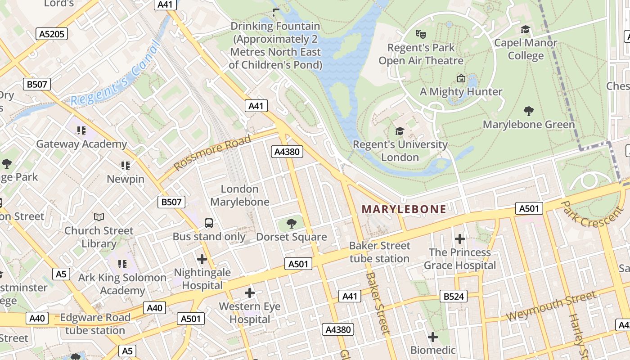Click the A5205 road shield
pyautogui.click(x=52, y=34)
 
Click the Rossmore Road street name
pyautogui.click(x=212, y=152)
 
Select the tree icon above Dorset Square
pyautogui.click(x=292, y=223)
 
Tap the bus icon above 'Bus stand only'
pyautogui.click(x=209, y=223)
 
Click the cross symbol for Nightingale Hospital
pyautogui.click(x=202, y=259)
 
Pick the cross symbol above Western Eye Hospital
pyautogui.click(x=250, y=293)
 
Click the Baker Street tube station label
pyautogui.click(x=380, y=252)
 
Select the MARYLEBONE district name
pyautogui.click(x=404, y=209)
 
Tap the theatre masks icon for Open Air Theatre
pyautogui.click(x=421, y=34)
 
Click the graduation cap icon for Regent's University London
pyautogui.click(x=400, y=131)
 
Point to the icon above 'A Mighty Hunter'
pyautogui.click(x=461, y=78)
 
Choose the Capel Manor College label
pyautogui.click(x=526, y=49)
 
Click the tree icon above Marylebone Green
pyautogui.click(x=529, y=111)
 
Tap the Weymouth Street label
pyautogui.click(x=552, y=306)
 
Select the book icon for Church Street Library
pyautogui.click(x=99, y=217)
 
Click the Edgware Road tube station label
pyautogui.click(x=95, y=324)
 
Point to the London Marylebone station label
pyautogui.click(x=239, y=195)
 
